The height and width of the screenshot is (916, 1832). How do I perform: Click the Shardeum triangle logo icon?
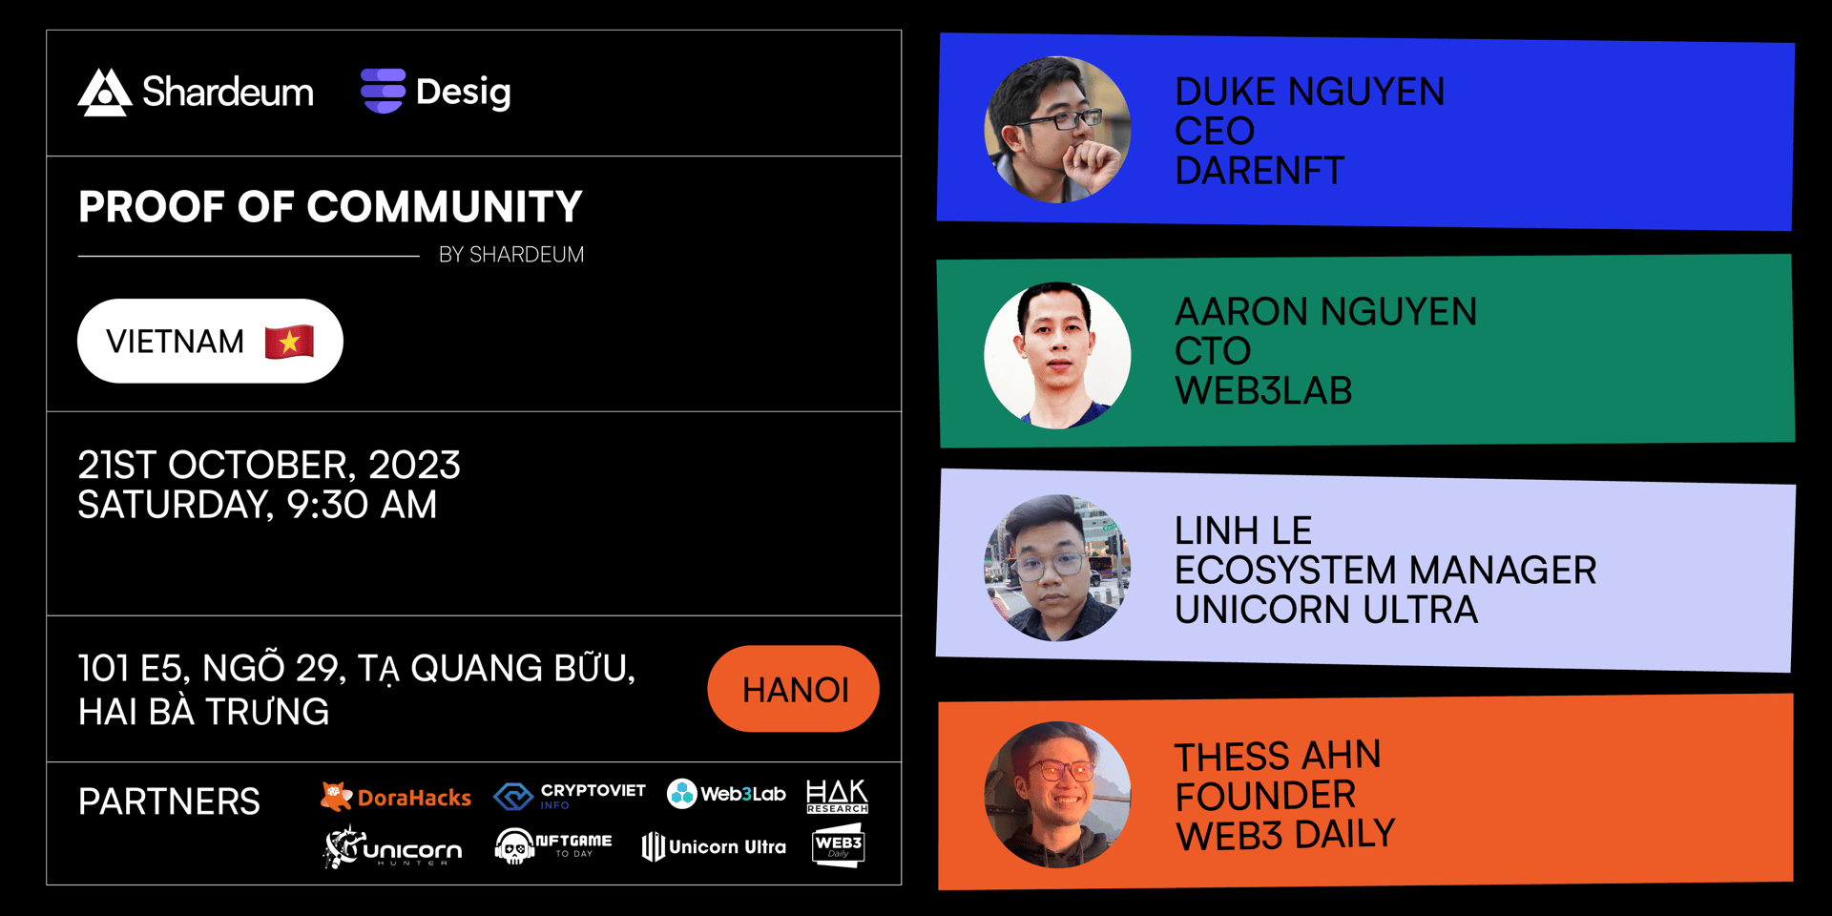pyautogui.click(x=105, y=93)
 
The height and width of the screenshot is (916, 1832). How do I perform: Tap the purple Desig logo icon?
pyautogui.click(x=383, y=92)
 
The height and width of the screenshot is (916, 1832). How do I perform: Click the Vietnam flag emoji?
pyautogui.click(x=289, y=341)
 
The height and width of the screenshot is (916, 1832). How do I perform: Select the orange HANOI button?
pyautogui.click(x=793, y=689)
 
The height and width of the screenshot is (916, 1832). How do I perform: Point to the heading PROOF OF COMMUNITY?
pyautogui.click(x=330, y=207)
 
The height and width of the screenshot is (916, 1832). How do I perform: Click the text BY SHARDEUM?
pyautogui.click(x=511, y=255)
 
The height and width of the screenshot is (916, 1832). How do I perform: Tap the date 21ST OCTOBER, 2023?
pyautogui.click(x=269, y=465)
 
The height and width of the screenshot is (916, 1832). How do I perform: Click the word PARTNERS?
pyautogui.click(x=169, y=801)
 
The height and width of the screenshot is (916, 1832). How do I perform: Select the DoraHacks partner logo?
pyautogui.click(x=396, y=797)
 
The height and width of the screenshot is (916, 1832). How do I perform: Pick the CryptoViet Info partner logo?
pyautogui.click(x=570, y=796)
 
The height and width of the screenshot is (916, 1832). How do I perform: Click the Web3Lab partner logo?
pyautogui.click(x=726, y=794)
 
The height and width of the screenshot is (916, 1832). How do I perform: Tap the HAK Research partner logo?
pyautogui.click(x=837, y=796)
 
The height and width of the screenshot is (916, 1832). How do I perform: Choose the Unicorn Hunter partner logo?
pyautogui.click(x=393, y=846)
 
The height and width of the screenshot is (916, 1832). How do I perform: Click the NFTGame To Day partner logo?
pyautogui.click(x=553, y=845)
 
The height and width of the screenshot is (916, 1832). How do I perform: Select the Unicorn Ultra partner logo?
pyautogui.click(x=714, y=846)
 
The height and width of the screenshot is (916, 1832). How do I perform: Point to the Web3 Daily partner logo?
pyautogui.click(x=838, y=845)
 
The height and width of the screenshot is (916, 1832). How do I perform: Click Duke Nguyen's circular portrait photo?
pyautogui.click(x=1057, y=130)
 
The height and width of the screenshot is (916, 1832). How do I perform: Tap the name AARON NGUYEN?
pyautogui.click(x=1325, y=312)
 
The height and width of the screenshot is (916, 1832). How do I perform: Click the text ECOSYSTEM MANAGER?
pyautogui.click(x=1385, y=571)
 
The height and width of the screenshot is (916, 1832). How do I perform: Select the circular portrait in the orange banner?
pyautogui.click(x=1057, y=794)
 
